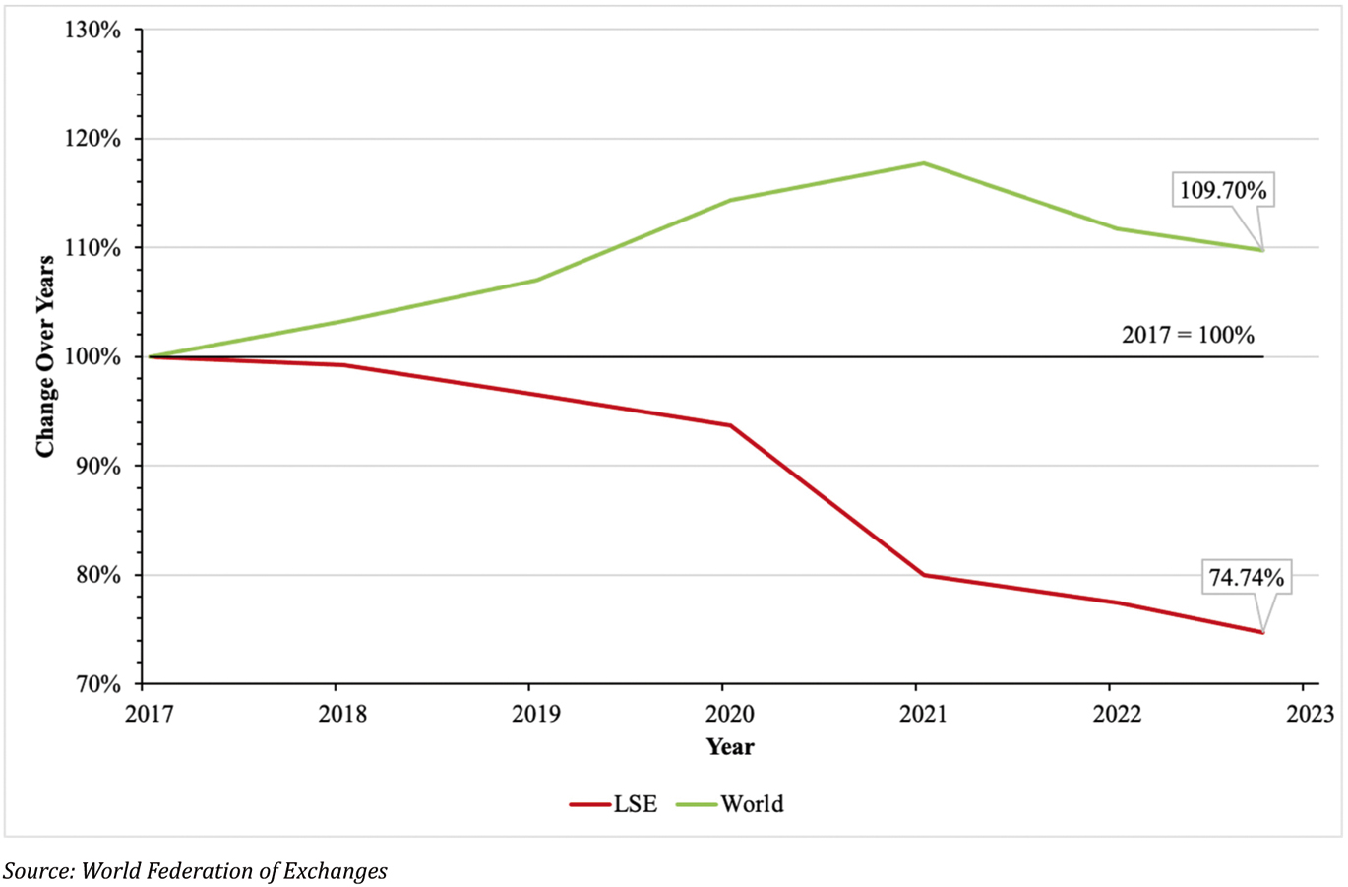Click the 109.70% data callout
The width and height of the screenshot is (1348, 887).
[1223, 190]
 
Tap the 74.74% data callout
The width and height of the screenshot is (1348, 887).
[1246, 578]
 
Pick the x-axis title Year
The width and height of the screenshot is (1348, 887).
[730, 747]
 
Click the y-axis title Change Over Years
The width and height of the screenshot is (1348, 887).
[45, 356]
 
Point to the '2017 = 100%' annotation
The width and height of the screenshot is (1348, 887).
[1188, 335]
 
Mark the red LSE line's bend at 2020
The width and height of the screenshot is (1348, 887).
[730, 425]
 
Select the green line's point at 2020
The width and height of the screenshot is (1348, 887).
[730, 200]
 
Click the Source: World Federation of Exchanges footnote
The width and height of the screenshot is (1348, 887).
[195, 870]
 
